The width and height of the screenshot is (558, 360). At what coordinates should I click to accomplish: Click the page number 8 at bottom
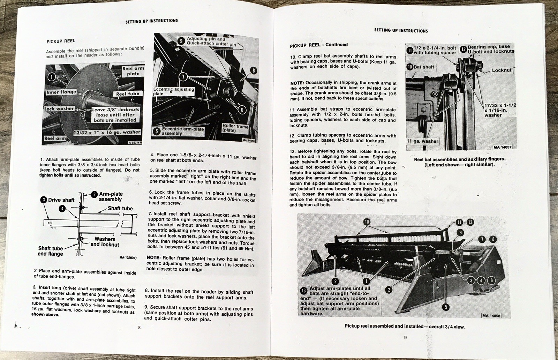pyautogui.click(x=139, y=327)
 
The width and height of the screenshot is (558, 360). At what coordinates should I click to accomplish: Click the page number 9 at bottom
pyautogui.click(x=405, y=337)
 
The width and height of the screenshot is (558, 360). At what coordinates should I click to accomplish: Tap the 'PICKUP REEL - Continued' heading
pyautogui.click(x=319, y=45)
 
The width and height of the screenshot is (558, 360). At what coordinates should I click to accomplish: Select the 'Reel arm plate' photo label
pyautogui.click(x=133, y=71)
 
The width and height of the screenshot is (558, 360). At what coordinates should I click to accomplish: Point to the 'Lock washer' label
pyautogui.click(x=59, y=109)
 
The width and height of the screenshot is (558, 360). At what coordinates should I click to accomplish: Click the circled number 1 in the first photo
pyautogui.click(x=51, y=77)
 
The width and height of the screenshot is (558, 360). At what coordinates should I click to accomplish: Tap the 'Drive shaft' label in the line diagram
pyautogui.click(x=61, y=200)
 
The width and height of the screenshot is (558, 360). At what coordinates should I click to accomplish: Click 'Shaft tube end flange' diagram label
pyautogui.click(x=51, y=251)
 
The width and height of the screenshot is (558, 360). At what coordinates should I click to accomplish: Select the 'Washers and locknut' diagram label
pyautogui.click(x=105, y=242)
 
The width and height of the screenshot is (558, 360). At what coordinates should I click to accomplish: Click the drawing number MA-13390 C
pyautogui.click(x=128, y=258)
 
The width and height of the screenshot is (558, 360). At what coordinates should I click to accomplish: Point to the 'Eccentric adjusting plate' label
pyautogui.click(x=173, y=91)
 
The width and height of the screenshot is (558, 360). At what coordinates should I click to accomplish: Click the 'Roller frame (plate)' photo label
pyautogui.click(x=235, y=128)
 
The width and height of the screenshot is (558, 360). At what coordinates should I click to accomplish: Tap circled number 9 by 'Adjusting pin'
pyautogui.click(x=181, y=41)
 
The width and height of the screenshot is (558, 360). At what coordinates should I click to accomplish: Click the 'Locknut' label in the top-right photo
pyautogui.click(x=501, y=70)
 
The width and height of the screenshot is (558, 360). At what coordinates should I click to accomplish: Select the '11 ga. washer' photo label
pyautogui.click(x=423, y=141)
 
